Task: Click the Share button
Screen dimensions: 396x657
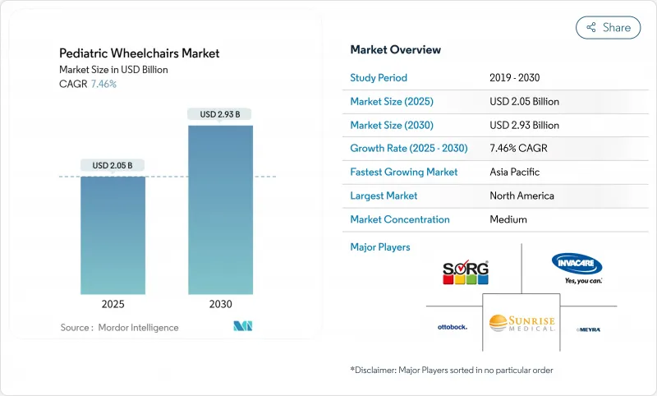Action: point(608,27)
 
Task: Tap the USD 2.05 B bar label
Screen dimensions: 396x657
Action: point(113,165)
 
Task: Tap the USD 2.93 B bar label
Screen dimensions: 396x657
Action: point(220,114)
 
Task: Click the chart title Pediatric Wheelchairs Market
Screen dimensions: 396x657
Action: point(140,53)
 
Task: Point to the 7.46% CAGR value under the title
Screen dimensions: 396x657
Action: point(103,84)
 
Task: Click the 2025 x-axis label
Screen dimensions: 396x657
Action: point(113,304)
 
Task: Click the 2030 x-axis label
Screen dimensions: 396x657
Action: point(220,304)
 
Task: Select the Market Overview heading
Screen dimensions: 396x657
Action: point(395,49)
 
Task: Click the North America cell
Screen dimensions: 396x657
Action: point(521,196)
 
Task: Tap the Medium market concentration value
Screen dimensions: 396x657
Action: point(508,219)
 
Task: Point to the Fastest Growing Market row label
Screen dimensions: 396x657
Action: point(404,173)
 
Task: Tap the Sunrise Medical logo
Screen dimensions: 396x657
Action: point(521,322)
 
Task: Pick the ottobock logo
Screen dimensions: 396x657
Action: point(452,327)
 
